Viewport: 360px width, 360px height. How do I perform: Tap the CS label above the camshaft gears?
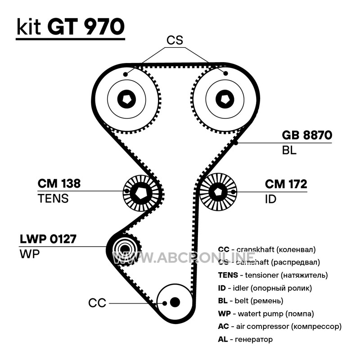coord(175,40)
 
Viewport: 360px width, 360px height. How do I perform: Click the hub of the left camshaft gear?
coord(126,98)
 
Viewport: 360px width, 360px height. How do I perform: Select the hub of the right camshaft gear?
coord(224,98)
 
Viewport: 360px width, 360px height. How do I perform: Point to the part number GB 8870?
coord(307,135)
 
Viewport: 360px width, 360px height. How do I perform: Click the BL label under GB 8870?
coord(289,151)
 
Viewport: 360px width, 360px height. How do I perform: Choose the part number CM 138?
coord(58,184)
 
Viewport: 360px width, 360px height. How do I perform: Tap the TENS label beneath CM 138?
coord(53,198)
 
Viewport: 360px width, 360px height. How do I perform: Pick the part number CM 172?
coord(286,184)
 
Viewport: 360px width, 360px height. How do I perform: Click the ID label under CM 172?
coord(270,198)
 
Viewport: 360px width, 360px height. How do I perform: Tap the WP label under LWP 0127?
coord(30,254)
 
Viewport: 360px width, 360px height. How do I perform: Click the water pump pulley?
coord(124,249)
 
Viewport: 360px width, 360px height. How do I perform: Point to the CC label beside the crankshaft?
coord(97,303)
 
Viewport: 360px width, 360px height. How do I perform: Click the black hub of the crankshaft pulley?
coord(175,302)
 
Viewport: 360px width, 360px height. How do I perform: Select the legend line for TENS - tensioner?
coord(273,275)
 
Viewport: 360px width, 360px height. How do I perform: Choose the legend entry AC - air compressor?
coord(279,326)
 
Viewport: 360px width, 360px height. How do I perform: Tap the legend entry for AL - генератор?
coord(245,339)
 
